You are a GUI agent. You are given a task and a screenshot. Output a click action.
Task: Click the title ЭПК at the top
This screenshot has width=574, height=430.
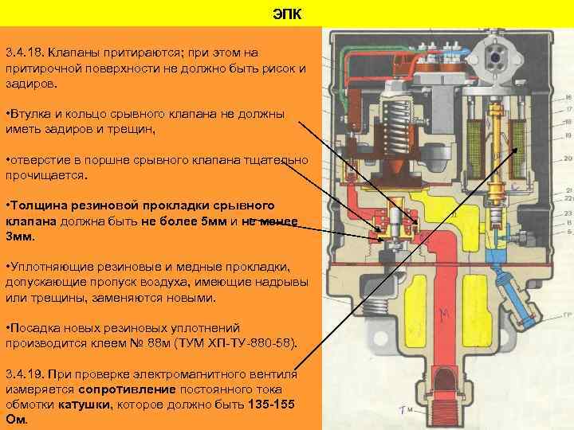(287, 14)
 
